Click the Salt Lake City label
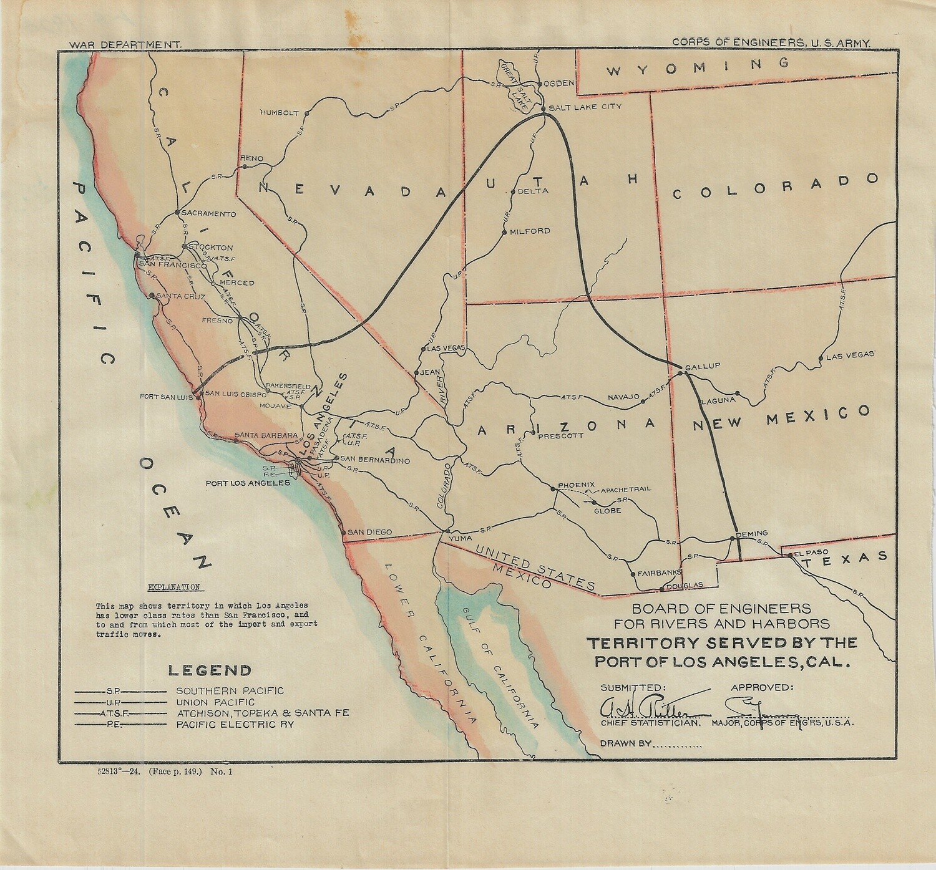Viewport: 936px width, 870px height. point(585,107)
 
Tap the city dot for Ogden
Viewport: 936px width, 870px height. point(540,83)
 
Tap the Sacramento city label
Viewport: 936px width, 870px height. point(200,214)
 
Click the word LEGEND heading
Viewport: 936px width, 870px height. point(210,670)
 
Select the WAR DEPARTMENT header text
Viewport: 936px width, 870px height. point(125,46)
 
